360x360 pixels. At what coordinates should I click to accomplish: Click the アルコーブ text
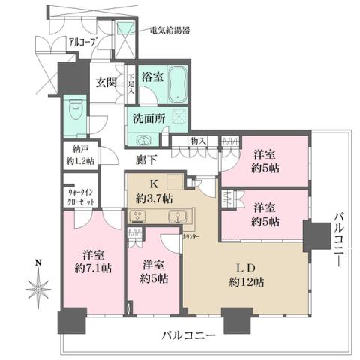click(x=82, y=43)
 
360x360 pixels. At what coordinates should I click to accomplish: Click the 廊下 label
click(x=145, y=160)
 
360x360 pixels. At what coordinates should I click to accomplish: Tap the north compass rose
click(x=37, y=286)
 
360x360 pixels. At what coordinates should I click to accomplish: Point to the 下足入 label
click(x=131, y=81)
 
